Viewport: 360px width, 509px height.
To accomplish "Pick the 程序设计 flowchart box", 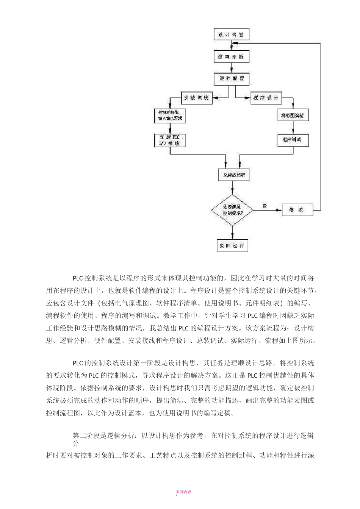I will (266, 98).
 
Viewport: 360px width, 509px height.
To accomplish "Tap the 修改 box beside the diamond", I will (297, 210).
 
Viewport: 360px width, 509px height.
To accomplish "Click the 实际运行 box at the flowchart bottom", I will (232, 245).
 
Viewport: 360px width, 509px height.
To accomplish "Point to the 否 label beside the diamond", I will (265, 206).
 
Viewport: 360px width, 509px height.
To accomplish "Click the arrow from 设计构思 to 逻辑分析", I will (231, 46).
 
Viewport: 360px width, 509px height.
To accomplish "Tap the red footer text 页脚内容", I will (183, 492).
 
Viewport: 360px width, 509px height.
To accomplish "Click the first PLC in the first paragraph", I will (78, 278).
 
